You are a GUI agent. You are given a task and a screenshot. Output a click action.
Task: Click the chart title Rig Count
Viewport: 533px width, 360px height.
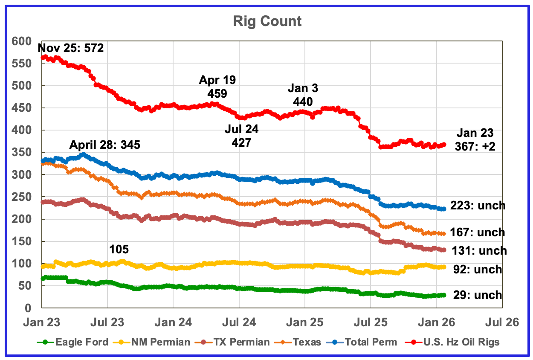click(x=267, y=21)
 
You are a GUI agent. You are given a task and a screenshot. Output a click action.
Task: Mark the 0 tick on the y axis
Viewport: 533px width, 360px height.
click(x=28, y=308)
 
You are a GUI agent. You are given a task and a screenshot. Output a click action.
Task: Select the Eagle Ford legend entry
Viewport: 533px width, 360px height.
click(x=78, y=342)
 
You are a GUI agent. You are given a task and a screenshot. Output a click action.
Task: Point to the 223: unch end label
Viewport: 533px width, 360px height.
click(x=478, y=206)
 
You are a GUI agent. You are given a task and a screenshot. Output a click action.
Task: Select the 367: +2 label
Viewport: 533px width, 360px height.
click(x=475, y=146)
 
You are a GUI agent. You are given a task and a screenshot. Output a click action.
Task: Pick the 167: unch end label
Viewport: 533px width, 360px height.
click(x=478, y=232)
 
